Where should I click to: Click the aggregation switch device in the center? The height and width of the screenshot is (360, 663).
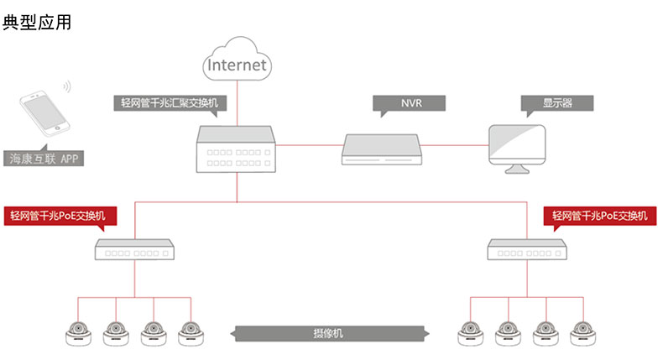pos(236,149)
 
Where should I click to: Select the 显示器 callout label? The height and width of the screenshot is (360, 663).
pos(557,104)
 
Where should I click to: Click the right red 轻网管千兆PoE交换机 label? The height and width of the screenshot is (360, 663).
pos(599,217)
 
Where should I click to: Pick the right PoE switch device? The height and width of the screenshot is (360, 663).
pos(526,249)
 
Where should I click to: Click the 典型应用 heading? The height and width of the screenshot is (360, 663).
pos(37,23)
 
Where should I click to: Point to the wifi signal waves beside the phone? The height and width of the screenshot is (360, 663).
pos(67,87)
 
